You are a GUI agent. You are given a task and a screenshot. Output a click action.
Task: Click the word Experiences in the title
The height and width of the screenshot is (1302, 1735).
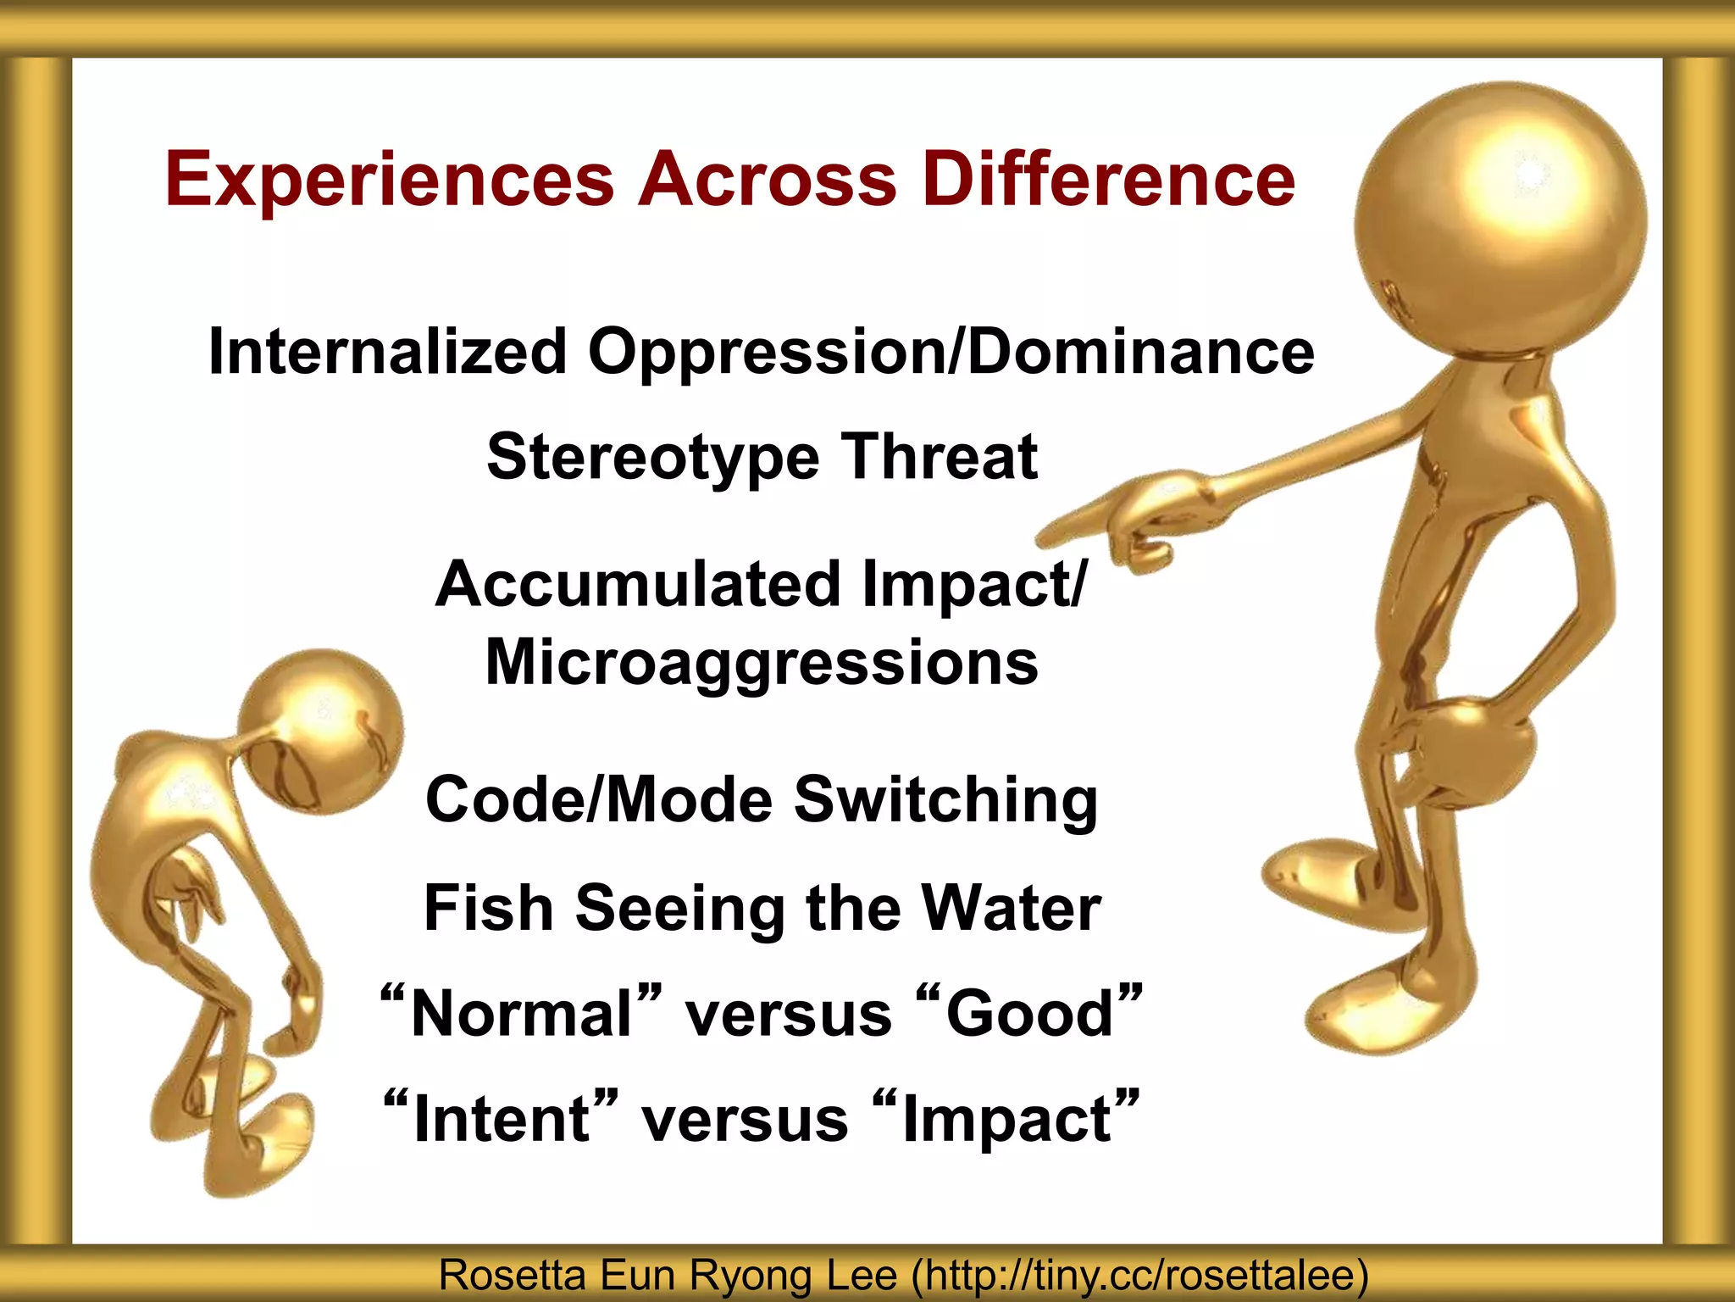tap(390, 180)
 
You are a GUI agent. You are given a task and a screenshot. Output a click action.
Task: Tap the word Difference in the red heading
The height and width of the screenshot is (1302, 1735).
tap(1109, 180)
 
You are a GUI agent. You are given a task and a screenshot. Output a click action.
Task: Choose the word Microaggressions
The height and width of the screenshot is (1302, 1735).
tap(761, 663)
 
